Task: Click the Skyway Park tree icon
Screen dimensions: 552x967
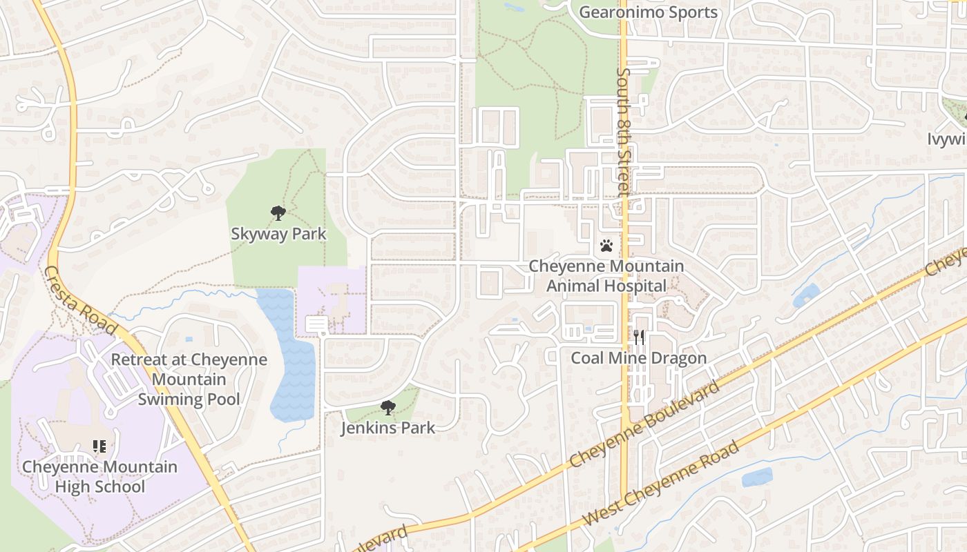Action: pos(278,213)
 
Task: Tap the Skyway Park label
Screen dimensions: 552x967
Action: pos(278,234)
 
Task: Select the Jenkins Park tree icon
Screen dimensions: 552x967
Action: pos(388,408)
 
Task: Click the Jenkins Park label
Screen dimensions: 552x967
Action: pos(388,428)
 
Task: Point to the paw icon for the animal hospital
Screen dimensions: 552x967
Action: pos(606,246)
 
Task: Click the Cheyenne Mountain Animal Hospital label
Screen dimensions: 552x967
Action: pos(606,276)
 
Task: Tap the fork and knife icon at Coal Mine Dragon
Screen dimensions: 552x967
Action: pos(639,337)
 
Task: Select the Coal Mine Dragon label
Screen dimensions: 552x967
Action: pos(639,358)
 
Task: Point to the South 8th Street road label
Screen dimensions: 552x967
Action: pos(624,131)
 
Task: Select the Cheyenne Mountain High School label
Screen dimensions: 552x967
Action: pos(99,477)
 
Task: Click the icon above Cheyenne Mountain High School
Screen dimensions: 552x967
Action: pos(99,446)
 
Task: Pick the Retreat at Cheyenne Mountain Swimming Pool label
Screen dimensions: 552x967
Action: pos(189,379)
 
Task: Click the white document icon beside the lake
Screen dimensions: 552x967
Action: pos(316,324)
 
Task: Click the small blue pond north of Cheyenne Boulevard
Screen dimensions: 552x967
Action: pos(806,296)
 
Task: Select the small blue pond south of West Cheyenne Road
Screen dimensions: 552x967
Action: pos(757,477)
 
